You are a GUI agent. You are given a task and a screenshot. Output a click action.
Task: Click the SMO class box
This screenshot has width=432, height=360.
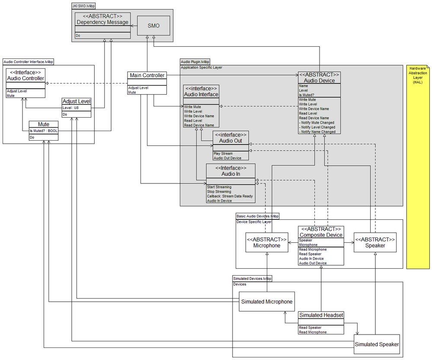[x=153, y=26]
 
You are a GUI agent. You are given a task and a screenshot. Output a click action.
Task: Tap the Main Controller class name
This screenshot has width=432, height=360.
[x=147, y=75]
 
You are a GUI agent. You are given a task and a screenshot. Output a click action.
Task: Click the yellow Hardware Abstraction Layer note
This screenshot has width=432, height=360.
[x=417, y=166]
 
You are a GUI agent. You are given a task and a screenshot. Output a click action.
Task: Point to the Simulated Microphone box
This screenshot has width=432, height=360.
[x=266, y=302]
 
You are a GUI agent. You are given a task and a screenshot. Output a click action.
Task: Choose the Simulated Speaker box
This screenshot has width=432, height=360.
[x=377, y=344]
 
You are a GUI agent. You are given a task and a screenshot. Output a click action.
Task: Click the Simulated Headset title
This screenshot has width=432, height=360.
[x=321, y=315]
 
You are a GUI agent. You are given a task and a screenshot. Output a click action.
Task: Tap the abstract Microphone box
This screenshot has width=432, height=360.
[x=266, y=242]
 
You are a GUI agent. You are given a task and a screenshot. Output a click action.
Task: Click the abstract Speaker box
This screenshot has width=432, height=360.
[x=375, y=242]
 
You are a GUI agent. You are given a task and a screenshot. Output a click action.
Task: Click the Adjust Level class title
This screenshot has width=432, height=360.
[x=76, y=101]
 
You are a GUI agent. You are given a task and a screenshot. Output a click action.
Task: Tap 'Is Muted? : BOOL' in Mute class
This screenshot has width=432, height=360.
[x=43, y=130]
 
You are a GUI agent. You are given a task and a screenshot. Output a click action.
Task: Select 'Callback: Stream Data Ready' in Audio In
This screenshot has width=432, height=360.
[x=230, y=196]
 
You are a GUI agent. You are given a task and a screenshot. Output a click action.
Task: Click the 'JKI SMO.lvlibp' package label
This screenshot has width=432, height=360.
[x=85, y=6]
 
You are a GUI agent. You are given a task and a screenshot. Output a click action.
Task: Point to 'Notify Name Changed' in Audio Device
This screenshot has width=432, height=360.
[x=318, y=132]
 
